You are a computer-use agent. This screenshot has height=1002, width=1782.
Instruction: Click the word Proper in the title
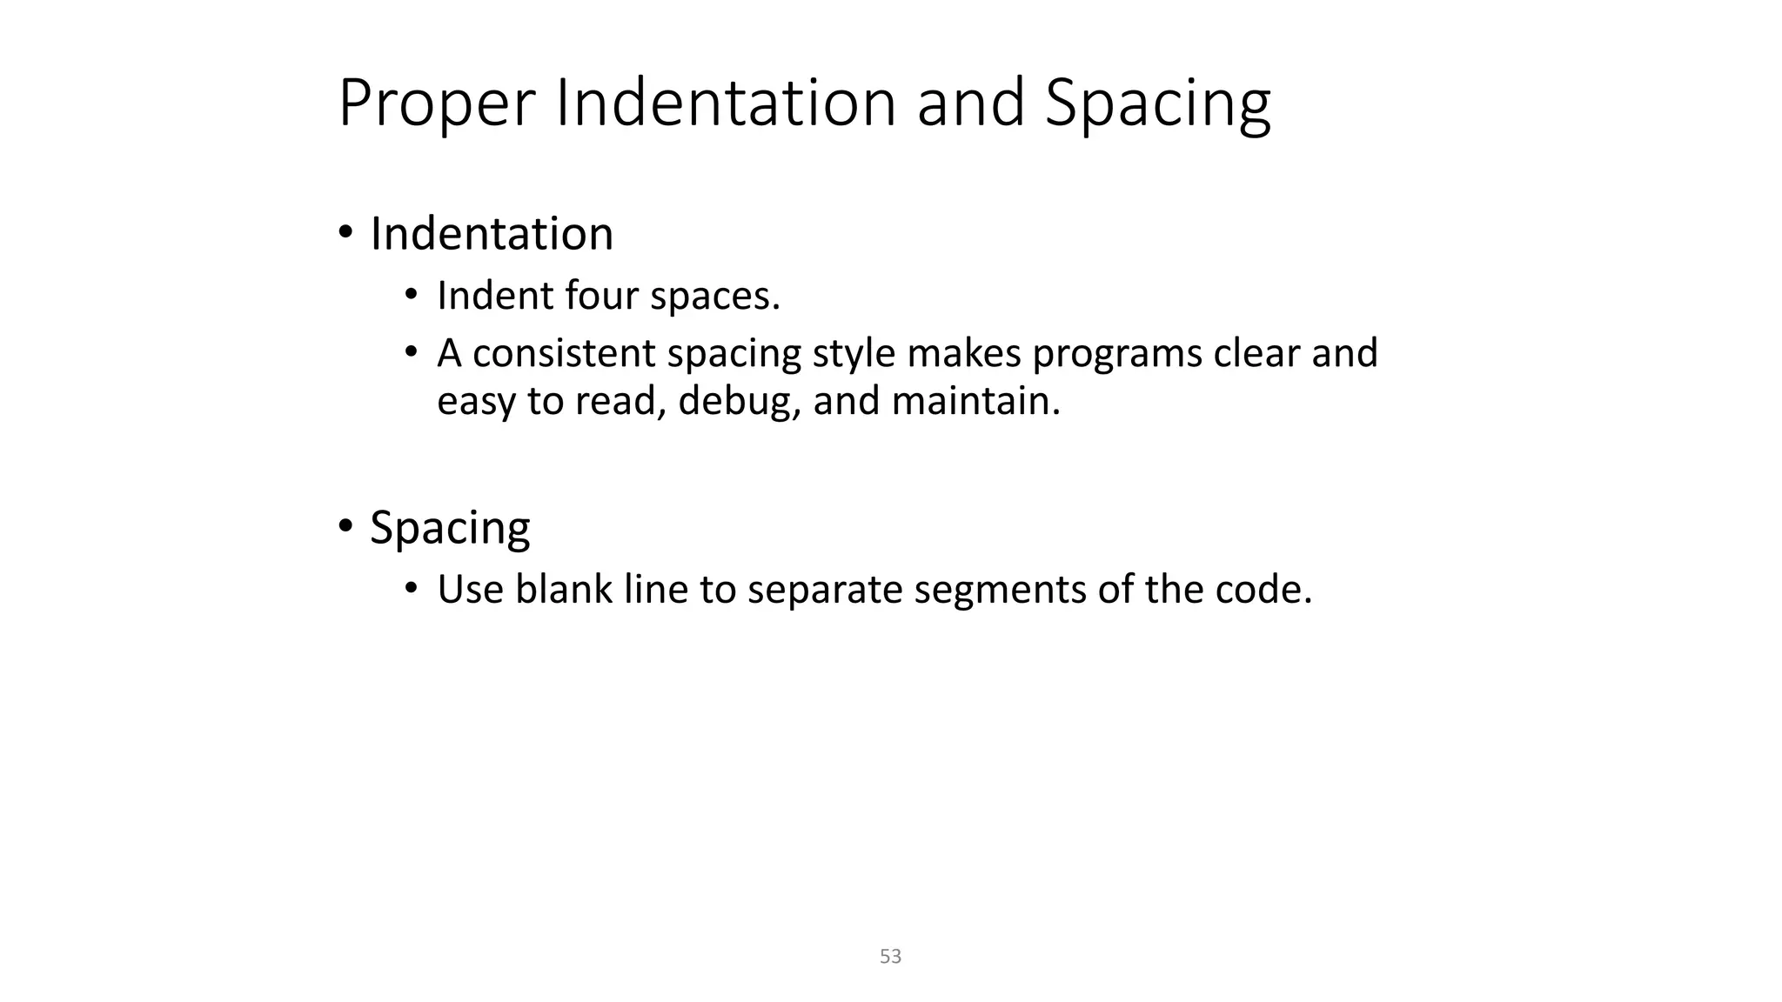click(435, 104)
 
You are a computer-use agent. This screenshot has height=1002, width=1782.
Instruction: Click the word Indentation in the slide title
click(726, 103)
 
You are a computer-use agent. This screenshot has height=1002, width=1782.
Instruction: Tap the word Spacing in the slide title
click(1157, 104)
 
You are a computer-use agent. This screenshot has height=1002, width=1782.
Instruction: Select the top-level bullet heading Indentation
click(492, 234)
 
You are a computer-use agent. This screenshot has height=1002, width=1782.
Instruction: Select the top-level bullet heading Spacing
click(450, 528)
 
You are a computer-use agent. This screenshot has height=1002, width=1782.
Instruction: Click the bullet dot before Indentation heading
click(345, 233)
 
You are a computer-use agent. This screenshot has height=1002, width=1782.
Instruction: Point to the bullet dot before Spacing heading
click(345, 526)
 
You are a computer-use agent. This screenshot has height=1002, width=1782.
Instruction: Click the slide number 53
click(890, 957)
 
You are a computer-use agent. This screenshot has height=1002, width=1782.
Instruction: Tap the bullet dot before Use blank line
click(412, 588)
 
